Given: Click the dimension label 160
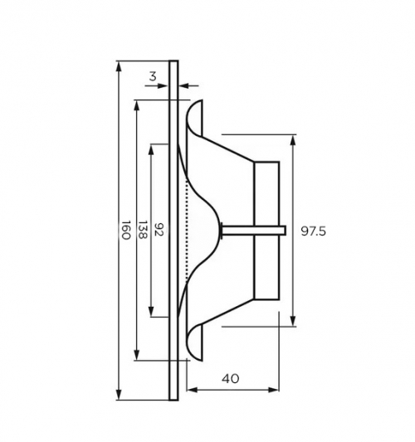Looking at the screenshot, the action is click(x=126, y=230).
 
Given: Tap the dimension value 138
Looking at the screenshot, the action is click(x=143, y=230).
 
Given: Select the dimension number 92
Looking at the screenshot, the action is click(x=159, y=230).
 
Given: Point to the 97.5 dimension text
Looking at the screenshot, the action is click(x=313, y=231).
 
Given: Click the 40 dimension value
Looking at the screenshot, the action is click(x=231, y=379).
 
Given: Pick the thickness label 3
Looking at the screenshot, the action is click(x=153, y=76).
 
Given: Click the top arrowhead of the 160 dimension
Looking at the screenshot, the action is click(x=119, y=67).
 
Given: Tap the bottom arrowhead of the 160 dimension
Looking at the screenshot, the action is click(x=119, y=394).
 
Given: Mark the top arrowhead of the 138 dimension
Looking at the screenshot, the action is click(x=137, y=106).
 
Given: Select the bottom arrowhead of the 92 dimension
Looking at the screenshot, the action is click(x=151, y=311).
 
